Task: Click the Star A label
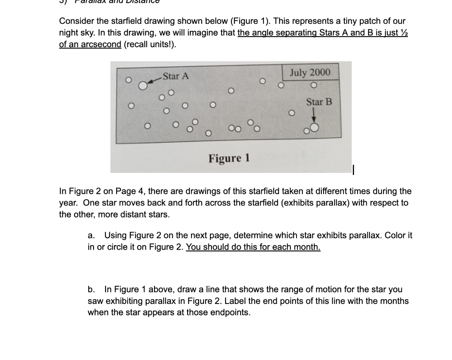pyautogui.click(x=175, y=76)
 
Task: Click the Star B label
pyautogui.click(x=319, y=102)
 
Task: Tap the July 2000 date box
pyautogui.click(x=310, y=73)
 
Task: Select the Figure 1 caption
pyautogui.click(x=229, y=157)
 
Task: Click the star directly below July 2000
pyautogui.click(x=313, y=85)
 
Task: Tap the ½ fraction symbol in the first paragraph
pyautogui.click(x=403, y=34)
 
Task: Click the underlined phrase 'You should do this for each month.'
pyautogui.click(x=253, y=247)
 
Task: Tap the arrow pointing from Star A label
pyautogui.click(x=153, y=80)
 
